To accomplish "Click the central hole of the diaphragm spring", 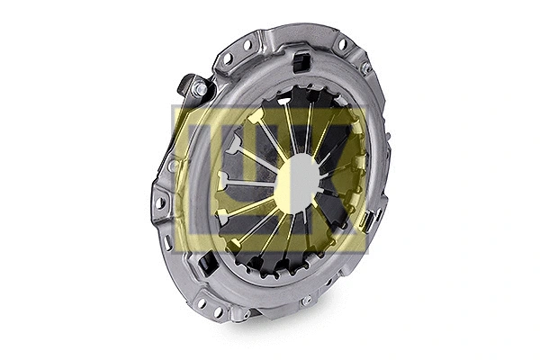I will (296, 180).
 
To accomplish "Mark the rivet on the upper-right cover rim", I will (366, 68).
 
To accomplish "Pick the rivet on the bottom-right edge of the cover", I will (308, 299).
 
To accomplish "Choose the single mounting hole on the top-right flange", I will (342, 44).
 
